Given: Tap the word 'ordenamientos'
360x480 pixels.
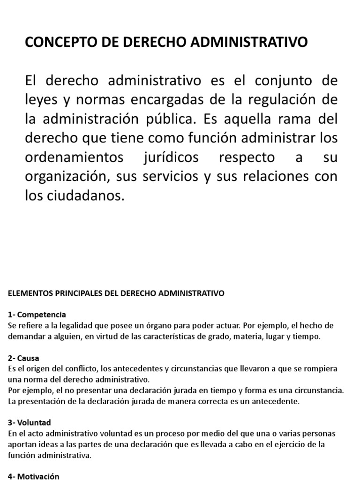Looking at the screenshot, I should point(73,157).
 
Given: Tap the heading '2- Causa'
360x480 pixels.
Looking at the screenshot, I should point(24,358).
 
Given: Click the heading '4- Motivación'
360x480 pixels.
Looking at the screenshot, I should point(34,476).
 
